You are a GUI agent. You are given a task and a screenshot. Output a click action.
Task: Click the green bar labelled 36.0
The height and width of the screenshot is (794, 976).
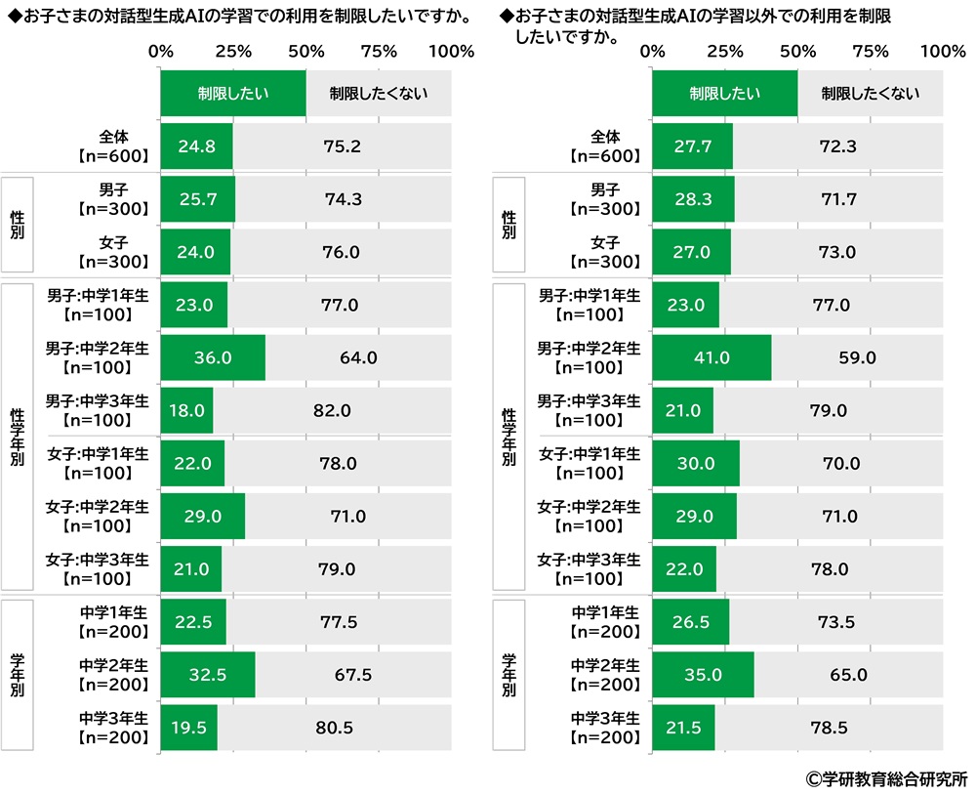click(213, 357)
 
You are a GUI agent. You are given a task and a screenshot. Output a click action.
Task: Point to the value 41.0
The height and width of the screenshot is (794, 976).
click(712, 357)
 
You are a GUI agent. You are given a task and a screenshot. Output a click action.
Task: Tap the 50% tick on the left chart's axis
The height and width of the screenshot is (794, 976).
click(305, 51)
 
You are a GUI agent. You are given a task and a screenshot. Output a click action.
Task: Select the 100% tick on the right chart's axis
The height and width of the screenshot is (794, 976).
click(943, 51)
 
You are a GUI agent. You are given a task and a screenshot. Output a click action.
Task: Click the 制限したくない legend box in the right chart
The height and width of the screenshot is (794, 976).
click(870, 94)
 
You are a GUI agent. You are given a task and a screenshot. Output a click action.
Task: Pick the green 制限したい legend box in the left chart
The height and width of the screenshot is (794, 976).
click(233, 94)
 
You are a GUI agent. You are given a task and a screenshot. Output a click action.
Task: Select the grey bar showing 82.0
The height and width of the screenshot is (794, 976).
click(332, 410)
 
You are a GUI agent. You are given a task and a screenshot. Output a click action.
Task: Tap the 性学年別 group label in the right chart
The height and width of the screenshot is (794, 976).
click(508, 436)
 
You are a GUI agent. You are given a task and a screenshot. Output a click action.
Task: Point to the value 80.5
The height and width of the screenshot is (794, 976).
click(334, 727)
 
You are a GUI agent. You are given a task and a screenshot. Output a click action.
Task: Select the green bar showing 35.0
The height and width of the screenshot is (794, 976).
click(703, 674)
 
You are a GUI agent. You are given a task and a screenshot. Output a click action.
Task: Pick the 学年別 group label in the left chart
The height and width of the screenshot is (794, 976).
click(18, 674)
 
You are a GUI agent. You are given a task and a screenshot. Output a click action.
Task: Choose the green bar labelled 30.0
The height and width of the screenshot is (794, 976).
click(696, 463)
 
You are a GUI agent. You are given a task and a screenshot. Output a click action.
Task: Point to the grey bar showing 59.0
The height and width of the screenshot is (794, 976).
click(856, 357)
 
